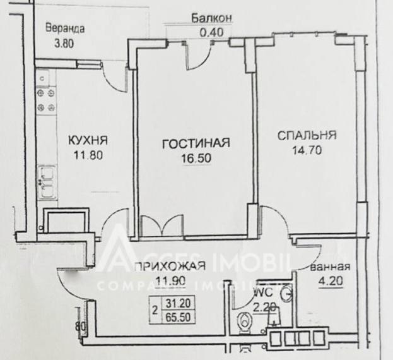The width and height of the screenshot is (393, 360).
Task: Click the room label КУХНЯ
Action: click(x=88, y=140)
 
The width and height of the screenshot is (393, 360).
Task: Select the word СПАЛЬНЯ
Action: click(x=307, y=135)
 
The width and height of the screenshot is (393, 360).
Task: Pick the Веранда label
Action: click(x=65, y=29)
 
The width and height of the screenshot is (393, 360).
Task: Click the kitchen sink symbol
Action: click(x=45, y=181)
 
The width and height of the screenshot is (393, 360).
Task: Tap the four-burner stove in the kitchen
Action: click(x=45, y=100)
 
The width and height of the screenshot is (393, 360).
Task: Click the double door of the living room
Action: click(x=161, y=225)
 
